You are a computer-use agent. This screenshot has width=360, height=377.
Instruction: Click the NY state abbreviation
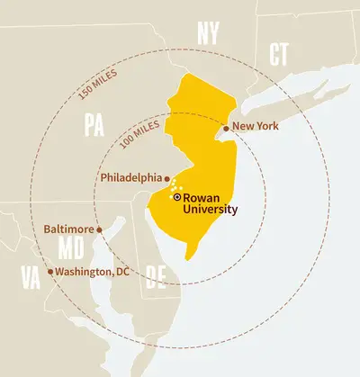click(209, 35)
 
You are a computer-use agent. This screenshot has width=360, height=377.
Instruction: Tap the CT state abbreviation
click(279, 53)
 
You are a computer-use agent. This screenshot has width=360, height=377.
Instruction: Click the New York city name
click(256, 126)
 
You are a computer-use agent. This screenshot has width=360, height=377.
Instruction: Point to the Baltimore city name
click(67, 229)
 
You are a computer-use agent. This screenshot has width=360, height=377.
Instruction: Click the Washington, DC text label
click(93, 271)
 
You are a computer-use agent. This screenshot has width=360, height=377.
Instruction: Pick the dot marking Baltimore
click(99, 229)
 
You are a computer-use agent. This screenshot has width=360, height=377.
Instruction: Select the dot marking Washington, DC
click(50, 271)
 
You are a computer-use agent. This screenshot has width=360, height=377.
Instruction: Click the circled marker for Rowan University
click(177, 196)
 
